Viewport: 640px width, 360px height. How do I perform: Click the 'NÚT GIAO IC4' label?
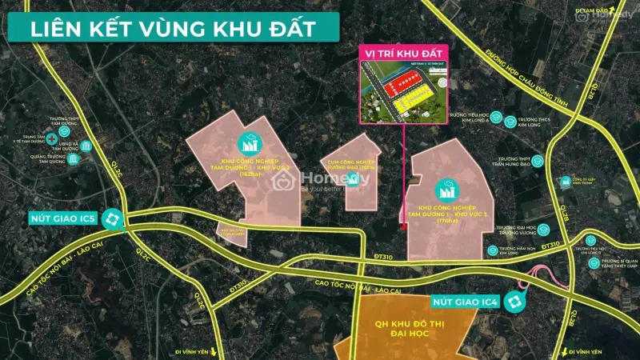point(466,302)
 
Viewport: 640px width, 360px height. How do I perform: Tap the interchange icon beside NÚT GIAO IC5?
point(114,218)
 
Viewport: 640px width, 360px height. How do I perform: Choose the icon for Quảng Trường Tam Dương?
point(74,160)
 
